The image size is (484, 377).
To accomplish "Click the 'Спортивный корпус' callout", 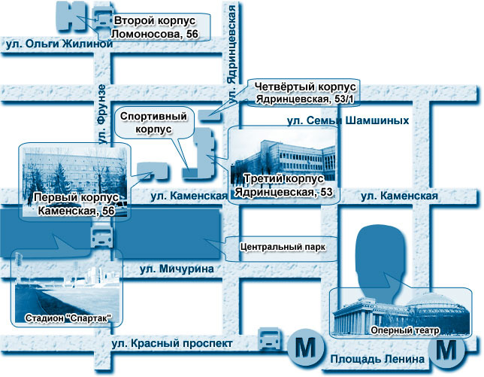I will click(x=153, y=123).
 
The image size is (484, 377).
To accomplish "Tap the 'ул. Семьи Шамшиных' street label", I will click(x=348, y=120).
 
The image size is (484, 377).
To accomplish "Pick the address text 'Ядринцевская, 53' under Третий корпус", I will click(x=283, y=193).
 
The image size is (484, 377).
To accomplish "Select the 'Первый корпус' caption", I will click(x=74, y=199).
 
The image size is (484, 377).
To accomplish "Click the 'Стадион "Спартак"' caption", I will click(x=68, y=318).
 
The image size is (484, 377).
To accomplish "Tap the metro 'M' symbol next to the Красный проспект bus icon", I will click(x=304, y=348).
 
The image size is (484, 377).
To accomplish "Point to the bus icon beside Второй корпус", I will click(x=98, y=17).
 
